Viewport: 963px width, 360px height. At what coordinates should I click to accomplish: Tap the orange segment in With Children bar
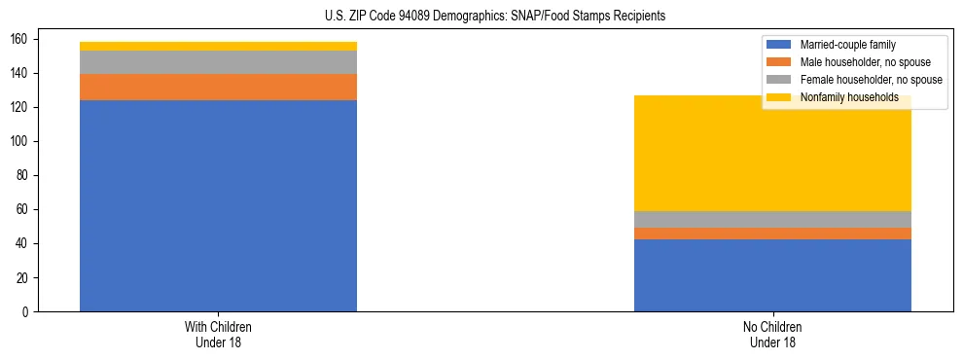click(x=218, y=87)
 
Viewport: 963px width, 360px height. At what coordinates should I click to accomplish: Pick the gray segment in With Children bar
click(x=218, y=62)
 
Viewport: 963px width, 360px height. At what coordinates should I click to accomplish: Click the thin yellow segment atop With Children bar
click(x=218, y=46)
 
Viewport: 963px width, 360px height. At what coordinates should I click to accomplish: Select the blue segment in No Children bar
click(x=772, y=275)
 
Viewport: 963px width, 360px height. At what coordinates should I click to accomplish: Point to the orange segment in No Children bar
click(x=772, y=234)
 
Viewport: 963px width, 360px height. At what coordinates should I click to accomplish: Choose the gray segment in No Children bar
click(x=772, y=219)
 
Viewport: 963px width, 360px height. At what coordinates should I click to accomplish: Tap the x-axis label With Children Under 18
click(x=218, y=334)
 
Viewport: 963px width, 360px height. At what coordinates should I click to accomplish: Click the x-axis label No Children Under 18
click(x=772, y=334)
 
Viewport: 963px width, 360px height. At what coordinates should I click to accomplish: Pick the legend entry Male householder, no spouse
click(x=855, y=62)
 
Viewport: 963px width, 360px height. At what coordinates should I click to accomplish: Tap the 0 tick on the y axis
click(x=30, y=311)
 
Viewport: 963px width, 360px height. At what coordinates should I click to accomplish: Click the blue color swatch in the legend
click(x=779, y=45)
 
